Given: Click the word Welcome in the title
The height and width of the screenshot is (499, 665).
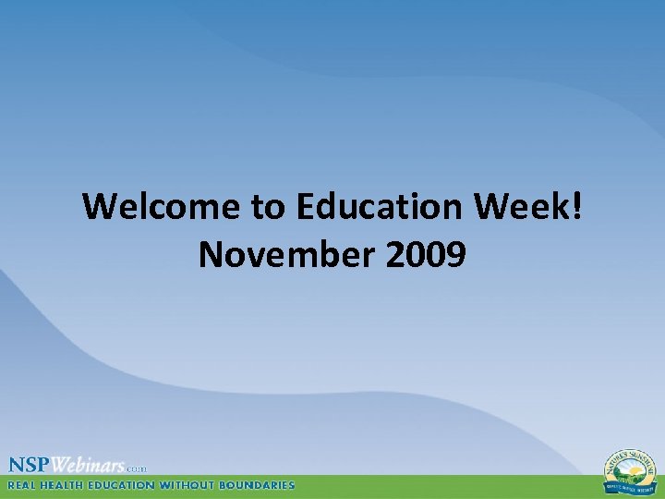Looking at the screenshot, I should (x=162, y=207).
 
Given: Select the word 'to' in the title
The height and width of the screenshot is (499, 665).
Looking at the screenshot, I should (x=269, y=207).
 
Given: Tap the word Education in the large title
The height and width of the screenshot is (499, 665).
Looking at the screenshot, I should (x=378, y=207).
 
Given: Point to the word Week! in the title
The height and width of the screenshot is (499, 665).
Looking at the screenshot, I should (x=526, y=207).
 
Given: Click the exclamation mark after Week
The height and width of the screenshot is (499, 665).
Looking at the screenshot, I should (x=577, y=207).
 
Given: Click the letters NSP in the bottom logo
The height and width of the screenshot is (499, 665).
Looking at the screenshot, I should (x=30, y=464).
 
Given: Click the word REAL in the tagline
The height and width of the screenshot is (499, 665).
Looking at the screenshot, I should (x=25, y=484).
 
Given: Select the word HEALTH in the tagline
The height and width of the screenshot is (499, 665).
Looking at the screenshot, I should (x=70, y=484).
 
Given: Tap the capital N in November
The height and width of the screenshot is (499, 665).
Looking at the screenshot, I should (x=212, y=254).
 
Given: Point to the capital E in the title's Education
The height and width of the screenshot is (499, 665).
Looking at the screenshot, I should (x=306, y=207).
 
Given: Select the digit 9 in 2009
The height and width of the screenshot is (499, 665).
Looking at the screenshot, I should (x=454, y=254).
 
